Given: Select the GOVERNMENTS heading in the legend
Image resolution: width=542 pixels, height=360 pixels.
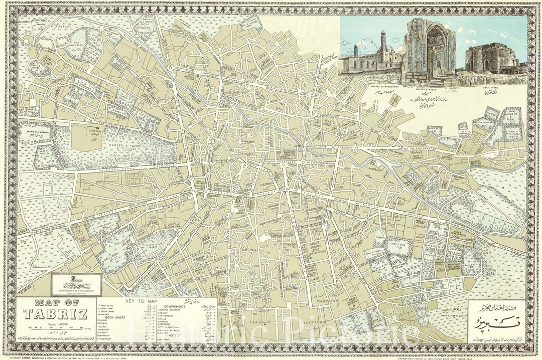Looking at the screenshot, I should (170, 306).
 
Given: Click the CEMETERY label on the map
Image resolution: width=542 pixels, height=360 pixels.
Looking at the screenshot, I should (95, 132).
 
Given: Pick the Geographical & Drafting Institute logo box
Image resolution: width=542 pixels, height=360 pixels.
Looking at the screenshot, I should (76, 284).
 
